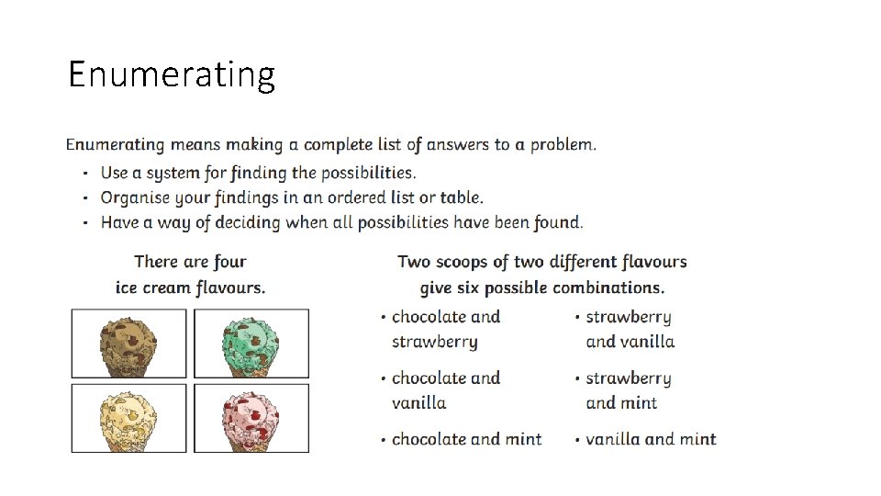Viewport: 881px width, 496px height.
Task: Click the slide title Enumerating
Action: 172,74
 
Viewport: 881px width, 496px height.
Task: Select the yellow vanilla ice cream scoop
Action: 128,418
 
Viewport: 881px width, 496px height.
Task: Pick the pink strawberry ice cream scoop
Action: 251,418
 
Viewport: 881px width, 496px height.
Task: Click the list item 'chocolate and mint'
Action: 466,439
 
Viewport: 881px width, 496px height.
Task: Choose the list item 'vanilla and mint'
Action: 651,439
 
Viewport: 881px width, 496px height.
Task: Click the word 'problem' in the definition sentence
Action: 561,145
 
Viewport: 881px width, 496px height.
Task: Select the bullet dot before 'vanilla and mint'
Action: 577,441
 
